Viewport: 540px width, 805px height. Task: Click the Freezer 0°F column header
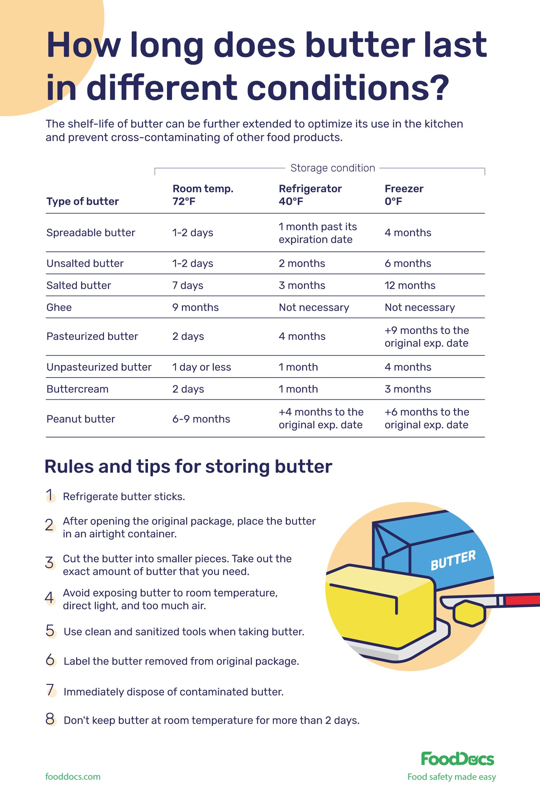tap(404, 195)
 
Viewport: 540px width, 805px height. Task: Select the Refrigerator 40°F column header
tap(310, 195)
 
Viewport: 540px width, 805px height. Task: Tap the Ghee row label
tap(59, 307)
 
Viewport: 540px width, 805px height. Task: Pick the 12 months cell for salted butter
tap(410, 285)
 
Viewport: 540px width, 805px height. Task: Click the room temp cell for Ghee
tap(195, 307)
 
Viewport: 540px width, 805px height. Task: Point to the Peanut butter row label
tap(81, 419)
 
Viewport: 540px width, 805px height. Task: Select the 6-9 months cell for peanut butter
tap(201, 419)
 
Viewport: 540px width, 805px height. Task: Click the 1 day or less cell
tap(201, 367)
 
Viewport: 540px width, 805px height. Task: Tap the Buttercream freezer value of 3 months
tap(408, 389)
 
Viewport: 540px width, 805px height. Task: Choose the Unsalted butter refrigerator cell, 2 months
tap(302, 264)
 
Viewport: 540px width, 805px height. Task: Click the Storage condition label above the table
tap(333, 168)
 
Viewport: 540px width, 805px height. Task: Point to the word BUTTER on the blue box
tap(453, 560)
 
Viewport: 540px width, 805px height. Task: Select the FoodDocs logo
tap(457, 759)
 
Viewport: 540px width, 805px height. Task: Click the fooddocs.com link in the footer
tap(73, 777)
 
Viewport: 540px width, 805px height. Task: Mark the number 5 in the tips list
tap(50, 631)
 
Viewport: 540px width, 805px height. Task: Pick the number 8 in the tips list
tap(50, 719)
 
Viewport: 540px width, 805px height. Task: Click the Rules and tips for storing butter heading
tap(188, 467)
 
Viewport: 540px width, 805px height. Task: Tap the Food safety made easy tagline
tap(451, 777)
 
